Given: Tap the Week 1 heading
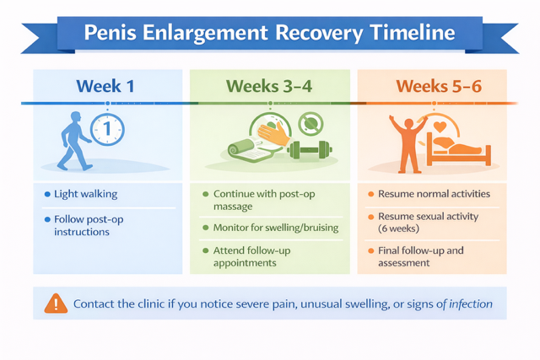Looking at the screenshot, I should point(105,86).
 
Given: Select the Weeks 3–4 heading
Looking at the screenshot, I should point(267,86).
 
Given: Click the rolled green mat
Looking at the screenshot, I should point(247,148).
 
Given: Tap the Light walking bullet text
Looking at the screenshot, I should point(85,194).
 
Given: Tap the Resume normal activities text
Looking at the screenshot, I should point(434,194).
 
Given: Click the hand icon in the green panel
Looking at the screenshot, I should point(273,132).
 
